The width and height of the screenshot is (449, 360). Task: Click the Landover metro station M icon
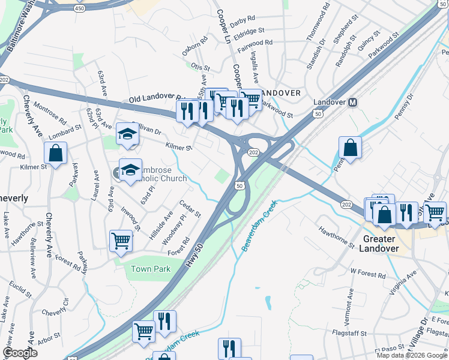pos(354,102)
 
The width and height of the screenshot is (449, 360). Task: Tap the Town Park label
pos(151,269)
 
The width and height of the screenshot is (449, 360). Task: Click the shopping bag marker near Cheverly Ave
pos(55,153)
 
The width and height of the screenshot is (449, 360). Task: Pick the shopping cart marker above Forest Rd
pos(121,241)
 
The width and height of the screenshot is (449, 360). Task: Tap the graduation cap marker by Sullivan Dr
pos(127,134)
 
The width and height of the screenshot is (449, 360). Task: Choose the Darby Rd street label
pos(242,20)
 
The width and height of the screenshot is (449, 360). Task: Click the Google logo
pos(20,353)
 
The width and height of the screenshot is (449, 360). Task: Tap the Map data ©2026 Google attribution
pos(411,355)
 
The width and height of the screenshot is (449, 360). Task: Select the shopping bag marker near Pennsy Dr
pos(350,148)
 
